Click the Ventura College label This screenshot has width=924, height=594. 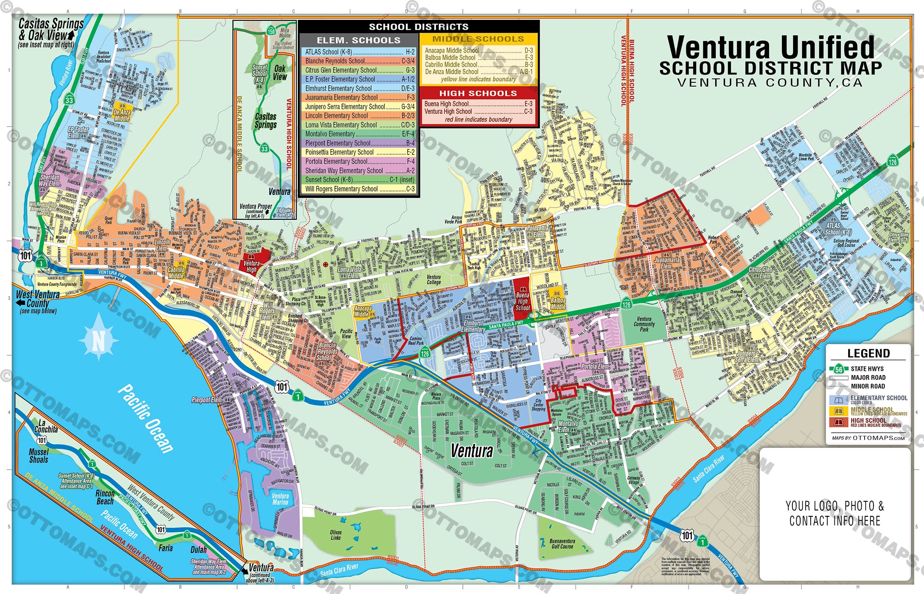click(x=434, y=279)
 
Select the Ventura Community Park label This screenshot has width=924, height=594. click(x=644, y=324)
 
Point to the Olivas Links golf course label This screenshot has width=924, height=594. click(x=336, y=535)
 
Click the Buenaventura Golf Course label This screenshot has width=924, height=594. click(x=562, y=544)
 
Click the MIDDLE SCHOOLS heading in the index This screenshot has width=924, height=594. click(x=478, y=39)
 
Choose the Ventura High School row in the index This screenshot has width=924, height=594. click(x=478, y=112)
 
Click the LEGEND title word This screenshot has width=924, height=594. click(x=868, y=353)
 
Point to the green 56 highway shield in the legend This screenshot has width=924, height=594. click(x=839, y=369)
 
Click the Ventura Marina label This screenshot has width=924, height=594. click(x=280, y=499)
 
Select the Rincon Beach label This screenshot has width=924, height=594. click(x=105, y=497)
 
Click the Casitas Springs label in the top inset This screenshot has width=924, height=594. click(x=266, y=120)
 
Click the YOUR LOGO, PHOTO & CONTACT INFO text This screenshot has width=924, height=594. click(x=834, y=513)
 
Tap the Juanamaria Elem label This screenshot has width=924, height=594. click(x=666, y=263)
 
